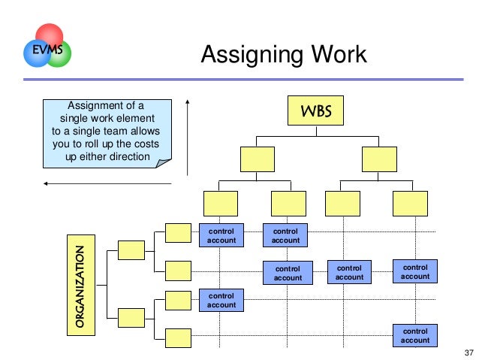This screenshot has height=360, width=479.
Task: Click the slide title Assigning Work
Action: [285, 55]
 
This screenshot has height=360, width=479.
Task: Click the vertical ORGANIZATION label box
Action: [79, 286]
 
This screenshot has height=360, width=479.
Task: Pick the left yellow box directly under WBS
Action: [258, 159]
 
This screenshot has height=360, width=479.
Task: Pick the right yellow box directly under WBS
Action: [379, 159]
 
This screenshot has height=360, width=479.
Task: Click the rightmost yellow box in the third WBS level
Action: [410, 203]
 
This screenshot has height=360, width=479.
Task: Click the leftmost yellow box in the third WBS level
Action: [220, 203]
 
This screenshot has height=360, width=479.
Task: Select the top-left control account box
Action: [221, 235]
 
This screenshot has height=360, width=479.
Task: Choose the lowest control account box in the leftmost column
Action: [221, 300]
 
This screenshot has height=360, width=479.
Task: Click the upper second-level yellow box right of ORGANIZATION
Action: [131, 250]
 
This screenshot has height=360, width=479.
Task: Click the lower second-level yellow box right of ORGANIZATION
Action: [131, 317]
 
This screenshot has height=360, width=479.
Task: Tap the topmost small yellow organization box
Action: [178, 232]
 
